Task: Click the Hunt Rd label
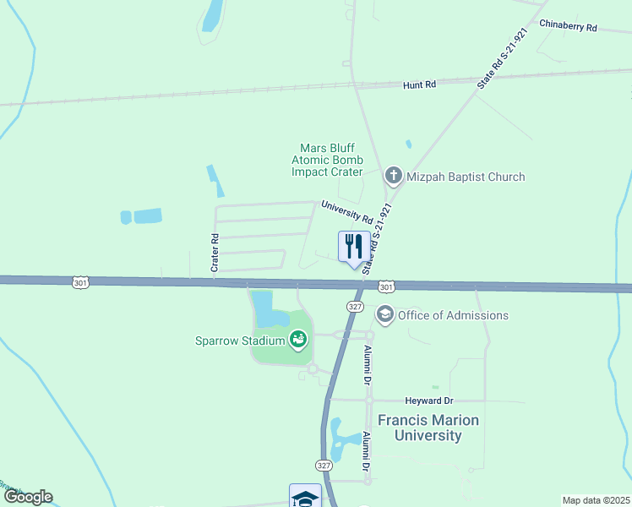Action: click(419, 85)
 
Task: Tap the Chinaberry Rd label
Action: click(568, 27)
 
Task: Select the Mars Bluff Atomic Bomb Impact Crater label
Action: click(327, 160)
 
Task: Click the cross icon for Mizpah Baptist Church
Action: click(393, 176)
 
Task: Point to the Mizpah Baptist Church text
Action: click(466, 177)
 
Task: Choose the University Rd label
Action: click(346, 211)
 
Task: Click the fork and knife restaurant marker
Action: click(352, 247)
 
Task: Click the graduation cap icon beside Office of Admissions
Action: click(385, 315)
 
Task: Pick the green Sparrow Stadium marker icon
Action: click(297, 341)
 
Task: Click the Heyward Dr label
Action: click(431, 400)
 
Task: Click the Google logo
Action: click(28, 497)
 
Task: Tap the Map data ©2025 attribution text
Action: click(596, 500)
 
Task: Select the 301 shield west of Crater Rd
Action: click(80, 281)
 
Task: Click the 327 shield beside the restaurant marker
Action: click(355, 306)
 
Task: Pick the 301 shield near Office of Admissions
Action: click(385, 287)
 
